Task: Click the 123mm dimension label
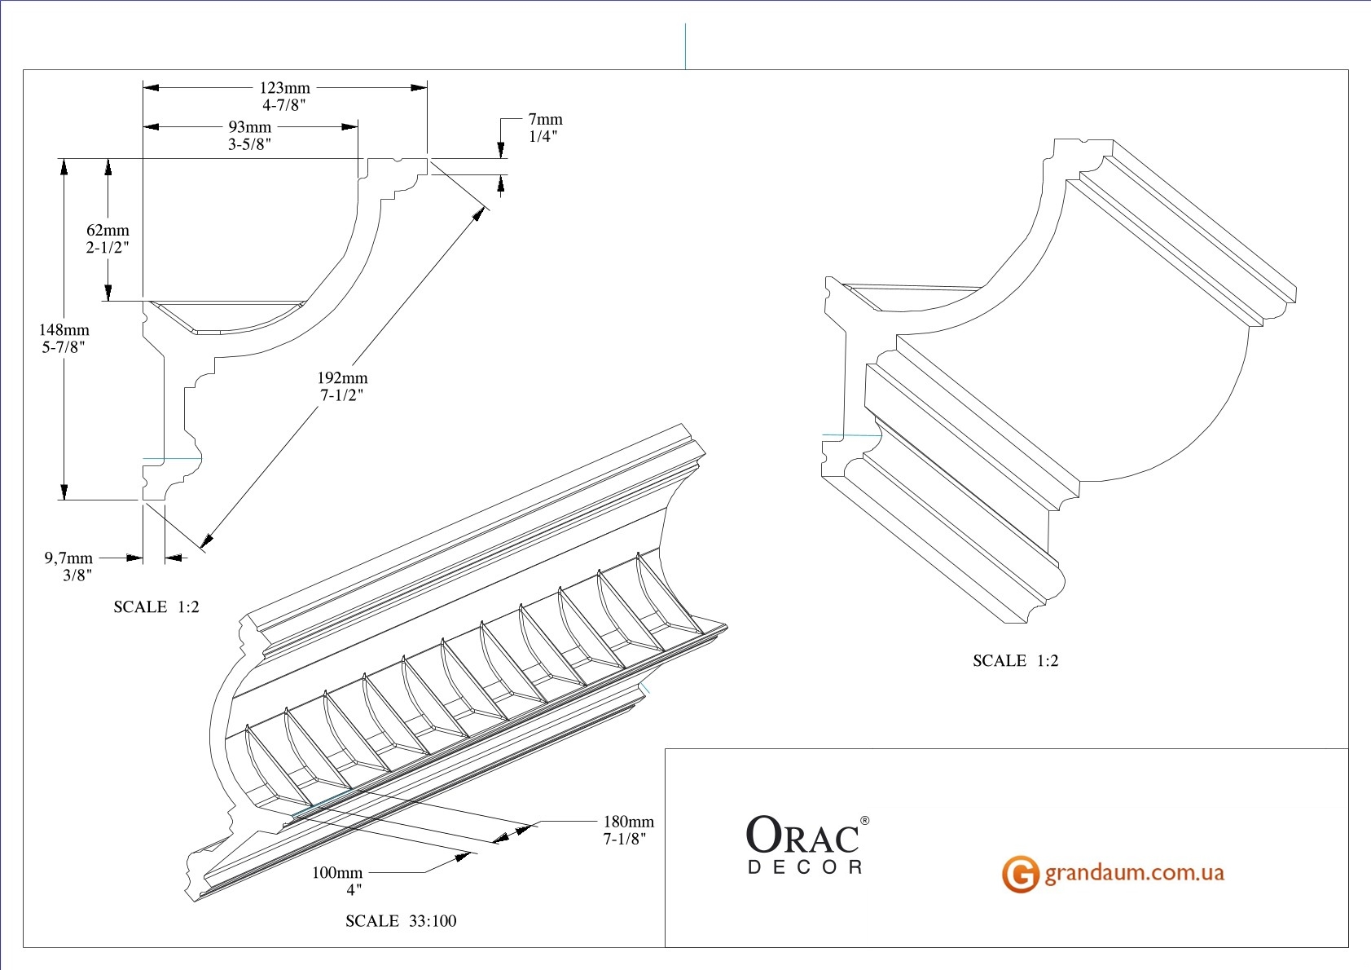pyautogui.click(x=284, y=88)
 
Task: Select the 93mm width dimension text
pyautogui.click(x=249, y=127)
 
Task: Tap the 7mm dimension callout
pyautogui.click(x=545, y=120)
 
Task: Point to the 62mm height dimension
pyautogui.click(x=108, y=231)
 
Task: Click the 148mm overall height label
pyautogui.click(x=64, y=330)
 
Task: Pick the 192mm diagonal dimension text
pyautogui.click(x=342, y=378)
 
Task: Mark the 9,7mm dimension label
pyautogui.click(x=68, y=558)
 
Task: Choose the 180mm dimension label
pyautogui.click(x=628, y=822)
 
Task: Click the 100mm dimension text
pyautogui.click(x=337, y=873)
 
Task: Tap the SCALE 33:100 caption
pyautogui.click(x=401, y=921)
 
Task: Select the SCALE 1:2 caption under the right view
pyautogui.click(x=1015, y=661)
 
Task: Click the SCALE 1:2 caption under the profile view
pyautogui.click(x=156, y=607)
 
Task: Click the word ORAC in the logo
pyautogui.click(x=802, y=836)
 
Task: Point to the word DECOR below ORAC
pyautogui.click(x=805, y=867)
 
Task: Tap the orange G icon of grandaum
pyautogui.click(x=1020, y=874)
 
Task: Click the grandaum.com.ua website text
pyautogui.click(x=1134, y=873)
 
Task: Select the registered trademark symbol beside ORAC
pyautogui.click(x=864, y=820)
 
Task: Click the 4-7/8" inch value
pyautogui.click(x=284, y=105)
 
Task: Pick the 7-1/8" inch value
pyautogui.click(x=625, y=839)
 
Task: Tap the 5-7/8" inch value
pyautogui.click(x=64, y=347)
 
